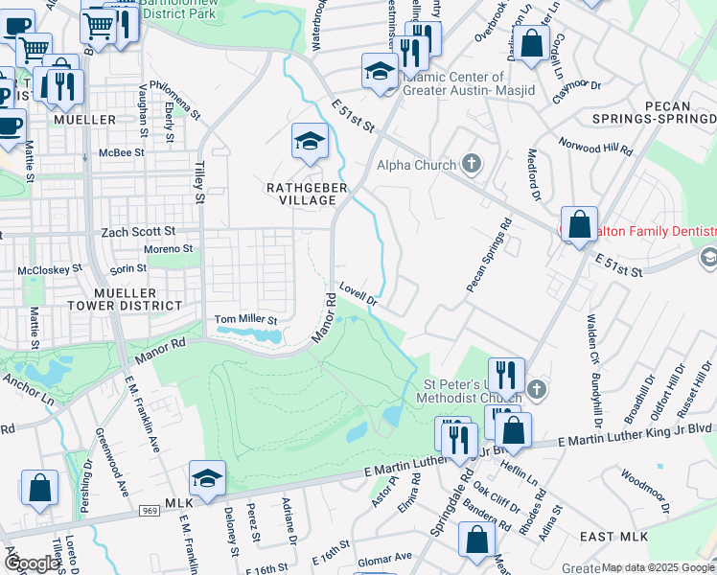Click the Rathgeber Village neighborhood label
pos(307,194)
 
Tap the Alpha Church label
pos(415,165)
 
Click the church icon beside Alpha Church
pos(470,164)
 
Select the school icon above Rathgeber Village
pos(310,143)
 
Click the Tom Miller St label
pos(244,319)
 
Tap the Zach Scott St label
pos(138,231)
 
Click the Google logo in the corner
pos(32,563)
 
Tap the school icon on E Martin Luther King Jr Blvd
pos(207,478)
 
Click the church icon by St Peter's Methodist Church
pos(536,389)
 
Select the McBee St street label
pos(124,152)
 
